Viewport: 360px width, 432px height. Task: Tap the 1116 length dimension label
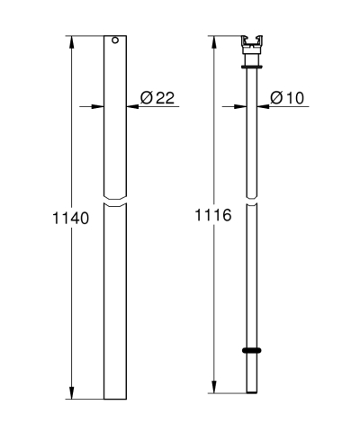213,216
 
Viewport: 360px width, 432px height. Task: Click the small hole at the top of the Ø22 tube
115,40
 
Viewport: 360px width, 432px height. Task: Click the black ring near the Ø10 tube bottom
252,351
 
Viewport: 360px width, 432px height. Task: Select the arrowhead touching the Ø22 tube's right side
132,107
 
